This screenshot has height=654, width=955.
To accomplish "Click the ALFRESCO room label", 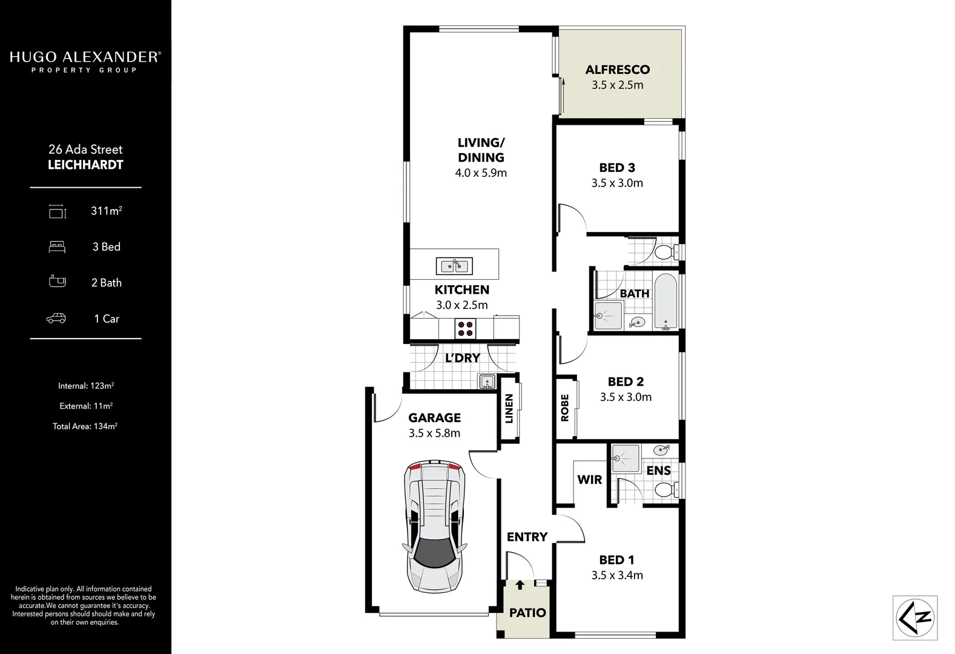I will coord(617,70).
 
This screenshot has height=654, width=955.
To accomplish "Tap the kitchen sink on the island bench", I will coord(454,266).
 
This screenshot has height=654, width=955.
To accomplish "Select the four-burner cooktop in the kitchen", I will coord(465,329).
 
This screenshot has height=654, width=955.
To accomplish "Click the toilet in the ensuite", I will coord(666,489).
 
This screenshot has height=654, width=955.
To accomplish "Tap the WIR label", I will coord(589,480).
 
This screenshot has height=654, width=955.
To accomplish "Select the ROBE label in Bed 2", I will coord(565,408).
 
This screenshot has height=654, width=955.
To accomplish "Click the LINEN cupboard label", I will coord(509,409).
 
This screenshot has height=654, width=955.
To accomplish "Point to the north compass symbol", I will coord(915,618).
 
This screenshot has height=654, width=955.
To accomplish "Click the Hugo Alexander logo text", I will coord(85,58).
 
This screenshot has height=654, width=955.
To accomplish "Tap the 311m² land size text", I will coord(107,211).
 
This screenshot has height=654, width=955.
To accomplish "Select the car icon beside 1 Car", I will coord(56,319).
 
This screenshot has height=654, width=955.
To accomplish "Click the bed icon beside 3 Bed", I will coord(57,247).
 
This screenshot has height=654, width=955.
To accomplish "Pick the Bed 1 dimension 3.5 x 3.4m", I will coord(617,575).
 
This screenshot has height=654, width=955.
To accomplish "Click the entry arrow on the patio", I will coord(520,585).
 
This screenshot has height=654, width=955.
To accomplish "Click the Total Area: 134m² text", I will coord(85,426).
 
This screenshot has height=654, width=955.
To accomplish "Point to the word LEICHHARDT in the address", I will coord(85,165).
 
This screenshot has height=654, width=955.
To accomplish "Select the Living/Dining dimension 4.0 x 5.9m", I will coord(481,173).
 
